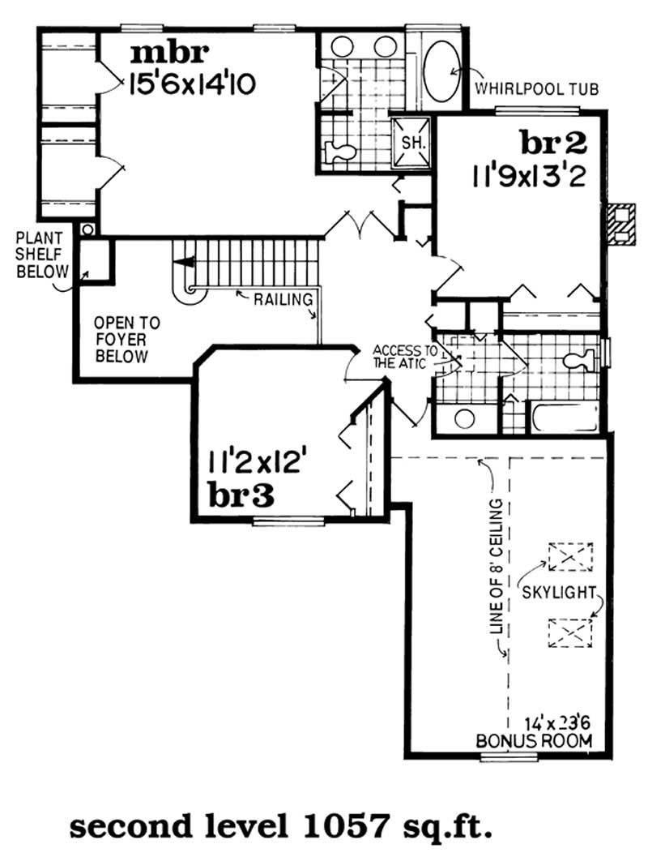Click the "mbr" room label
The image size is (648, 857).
[170, 53]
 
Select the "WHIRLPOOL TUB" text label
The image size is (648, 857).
[537, 88]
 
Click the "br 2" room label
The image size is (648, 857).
[553, 144]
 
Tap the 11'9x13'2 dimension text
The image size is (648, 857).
[529, 177]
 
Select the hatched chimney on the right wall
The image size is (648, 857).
[622, 223]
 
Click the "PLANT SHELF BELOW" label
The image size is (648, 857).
[42, 255]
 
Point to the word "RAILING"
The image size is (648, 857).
[283, 299]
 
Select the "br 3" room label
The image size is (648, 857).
[241, 496]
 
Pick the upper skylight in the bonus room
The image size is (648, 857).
[570, 556]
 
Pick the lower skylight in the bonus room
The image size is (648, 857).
[570, 633]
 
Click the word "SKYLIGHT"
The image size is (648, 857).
[558, 593]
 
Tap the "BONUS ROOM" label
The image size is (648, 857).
[534, 741]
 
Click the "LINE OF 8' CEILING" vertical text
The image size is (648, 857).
[497, 566]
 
